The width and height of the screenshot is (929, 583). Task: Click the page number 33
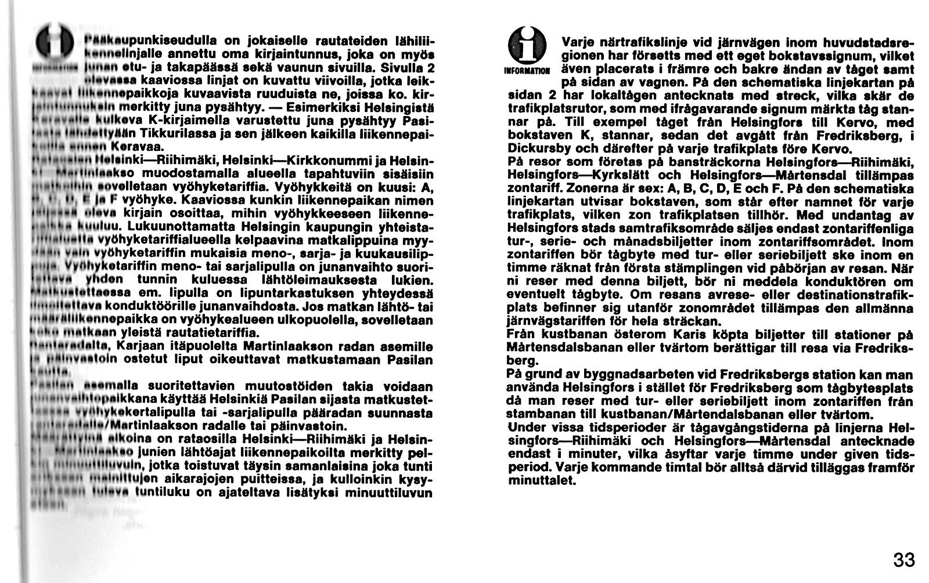(904, 560)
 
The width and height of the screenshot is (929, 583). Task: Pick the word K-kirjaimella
(174, 121)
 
